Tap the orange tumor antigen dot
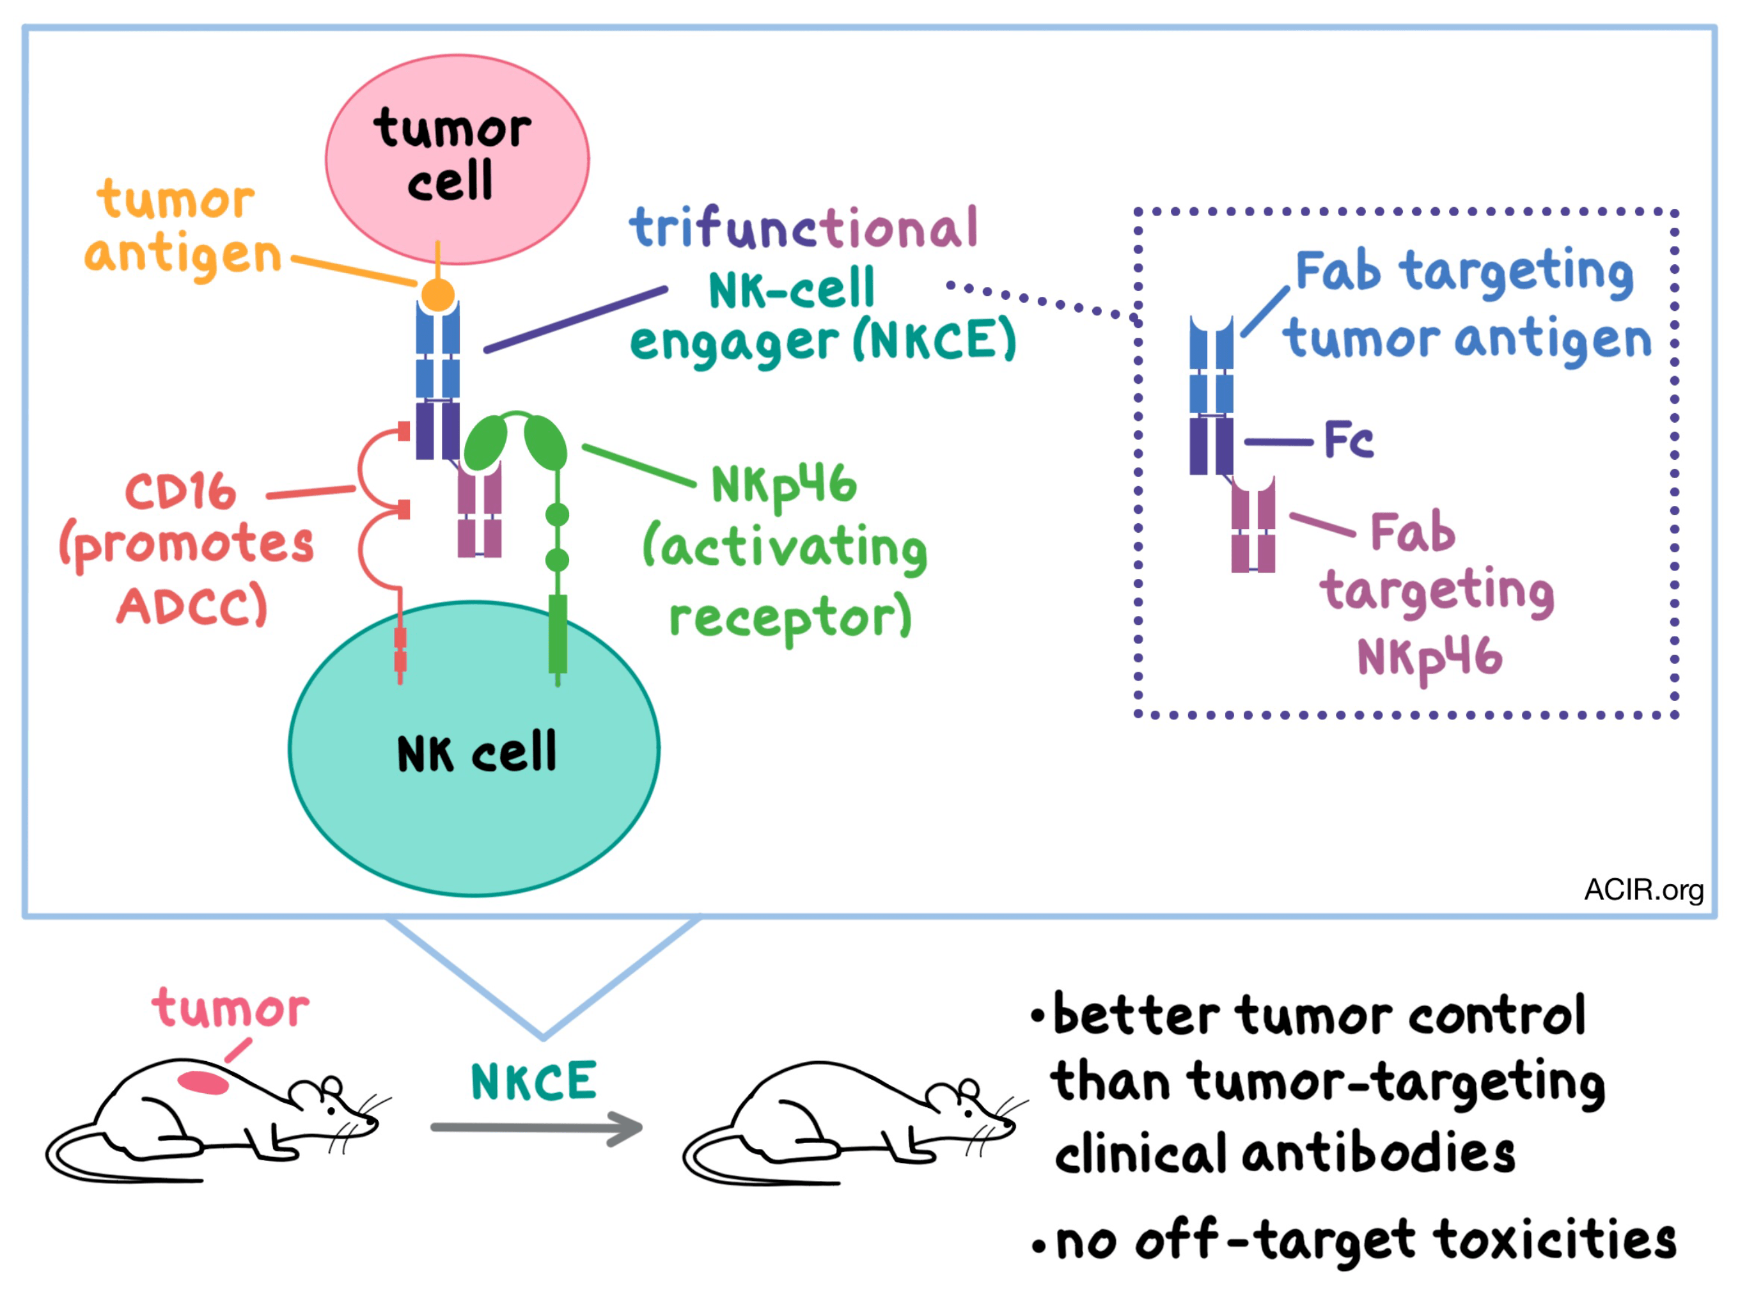437,296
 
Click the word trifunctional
803,228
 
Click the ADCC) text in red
192,607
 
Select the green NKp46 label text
783,484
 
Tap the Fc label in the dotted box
1349,440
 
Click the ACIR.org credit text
1643,890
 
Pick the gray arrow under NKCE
537,1128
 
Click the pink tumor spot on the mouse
203,1082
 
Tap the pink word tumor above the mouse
231,1009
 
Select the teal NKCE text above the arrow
533,1082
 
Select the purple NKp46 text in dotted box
1429,658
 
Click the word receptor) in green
790,617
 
